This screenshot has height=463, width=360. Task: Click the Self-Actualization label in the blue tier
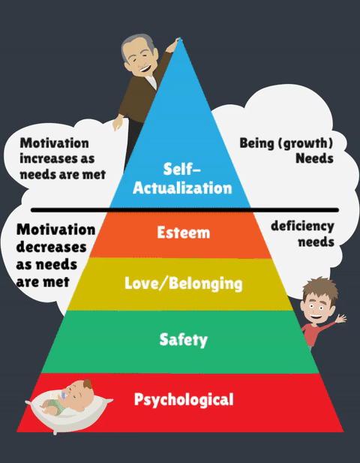[182, 179]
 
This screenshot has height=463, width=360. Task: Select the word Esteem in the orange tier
[183, 233]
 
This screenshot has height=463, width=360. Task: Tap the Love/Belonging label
[183, 283]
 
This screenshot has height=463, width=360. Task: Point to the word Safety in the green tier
[183, 340]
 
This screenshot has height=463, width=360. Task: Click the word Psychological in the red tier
[184, 399]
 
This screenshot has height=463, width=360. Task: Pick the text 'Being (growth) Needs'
[286, 151]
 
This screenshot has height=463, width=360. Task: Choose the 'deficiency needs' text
[302, 233]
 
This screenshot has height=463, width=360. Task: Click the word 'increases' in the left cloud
[57, 158]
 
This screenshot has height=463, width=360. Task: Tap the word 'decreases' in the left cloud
[51, 247]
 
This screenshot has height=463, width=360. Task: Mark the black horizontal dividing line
[184, 210]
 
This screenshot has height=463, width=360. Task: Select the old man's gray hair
[136, 45]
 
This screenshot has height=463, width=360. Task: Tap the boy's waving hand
[340, 319]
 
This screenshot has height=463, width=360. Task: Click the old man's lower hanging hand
[118, 122]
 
